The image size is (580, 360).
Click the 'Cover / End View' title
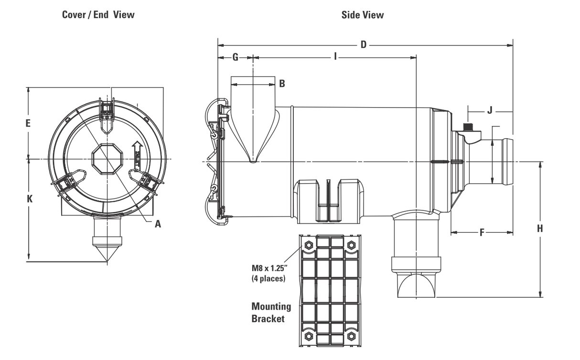coord(98,15)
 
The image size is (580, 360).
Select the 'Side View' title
coord(362,15)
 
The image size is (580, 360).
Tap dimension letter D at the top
coord(363,45)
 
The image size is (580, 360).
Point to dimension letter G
coord(235,57)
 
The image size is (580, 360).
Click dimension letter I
coord(335,57)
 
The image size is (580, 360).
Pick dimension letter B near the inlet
coord(282,84)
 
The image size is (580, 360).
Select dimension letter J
coord(489,110)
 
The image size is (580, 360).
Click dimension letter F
coord(482,233)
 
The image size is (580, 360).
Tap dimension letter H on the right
coord(540,229)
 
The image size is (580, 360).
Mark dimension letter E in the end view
coord(28,123)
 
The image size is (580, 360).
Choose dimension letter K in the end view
coord(29,199)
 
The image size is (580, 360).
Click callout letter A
coord(158,223)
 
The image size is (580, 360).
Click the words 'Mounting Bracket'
coord(271,312)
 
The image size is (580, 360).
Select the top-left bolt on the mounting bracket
coord(308,245)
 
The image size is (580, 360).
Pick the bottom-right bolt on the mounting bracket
coord(352,335)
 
